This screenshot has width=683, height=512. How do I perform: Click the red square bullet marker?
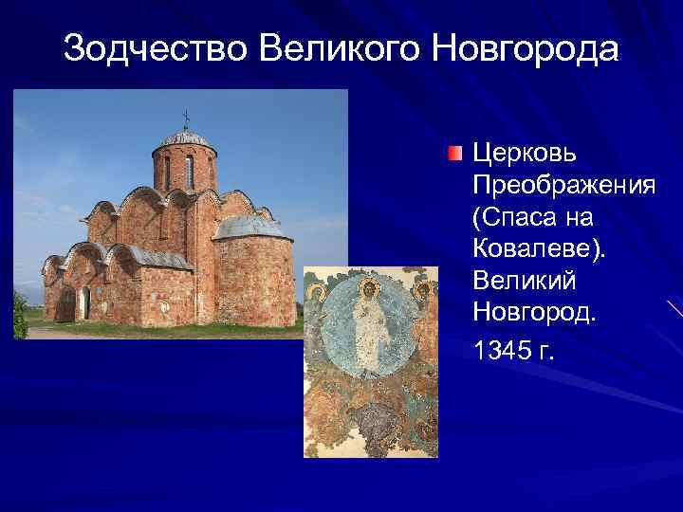456,154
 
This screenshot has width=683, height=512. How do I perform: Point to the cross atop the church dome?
185,119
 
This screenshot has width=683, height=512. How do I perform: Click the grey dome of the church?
185,139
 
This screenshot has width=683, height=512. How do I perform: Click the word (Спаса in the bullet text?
513,218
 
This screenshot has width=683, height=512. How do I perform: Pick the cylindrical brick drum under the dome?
184,169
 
